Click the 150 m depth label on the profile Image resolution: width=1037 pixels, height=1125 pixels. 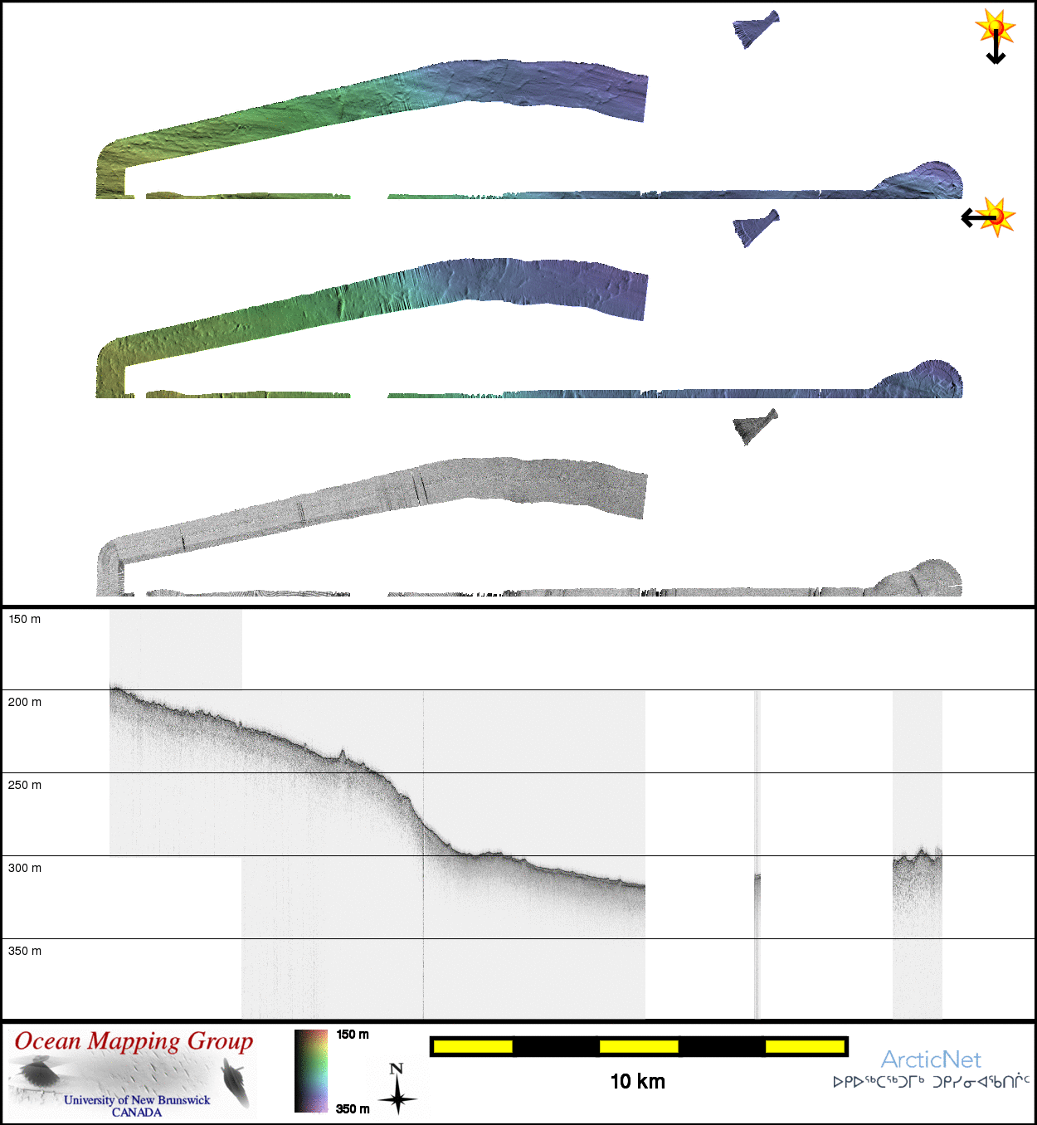click(x=24, y=619)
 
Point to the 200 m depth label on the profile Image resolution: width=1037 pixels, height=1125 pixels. click(x=24, y=702)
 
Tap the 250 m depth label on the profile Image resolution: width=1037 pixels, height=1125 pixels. click(x=24, y=785)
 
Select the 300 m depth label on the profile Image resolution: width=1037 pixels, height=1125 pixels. click(x=24, y=868)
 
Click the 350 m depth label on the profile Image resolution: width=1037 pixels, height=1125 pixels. click(x=24, y=951)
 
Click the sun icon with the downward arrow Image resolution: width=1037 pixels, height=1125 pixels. click(x=996, y=34)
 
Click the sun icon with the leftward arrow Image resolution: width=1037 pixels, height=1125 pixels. click(x=989, y=217)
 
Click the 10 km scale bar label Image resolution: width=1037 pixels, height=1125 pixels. click(x=637, y=1081)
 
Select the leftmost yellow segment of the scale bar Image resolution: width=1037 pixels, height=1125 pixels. click(x=473, y=1047)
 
